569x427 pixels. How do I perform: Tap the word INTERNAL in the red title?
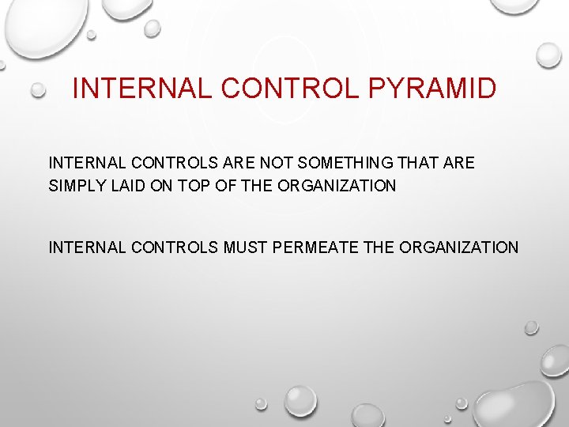pyautogui.click(x=141, y=88)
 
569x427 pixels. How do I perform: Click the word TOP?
pyautogui.click(x=194, y=187)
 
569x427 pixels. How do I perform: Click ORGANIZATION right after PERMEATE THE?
pyautogui.click(x=459, y=248)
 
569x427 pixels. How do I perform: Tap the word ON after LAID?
pyautogui.click(x=164, y=187)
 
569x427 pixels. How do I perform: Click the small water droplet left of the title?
pyautogui.click(x=38, y=91)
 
